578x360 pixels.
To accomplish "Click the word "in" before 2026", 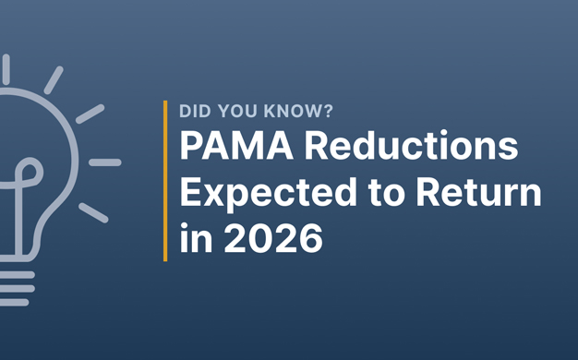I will [193, 239].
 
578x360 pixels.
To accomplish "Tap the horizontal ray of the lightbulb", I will [104, 162].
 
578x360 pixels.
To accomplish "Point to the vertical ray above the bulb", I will [6, 68].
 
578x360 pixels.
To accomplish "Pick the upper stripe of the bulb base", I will [17, 274].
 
